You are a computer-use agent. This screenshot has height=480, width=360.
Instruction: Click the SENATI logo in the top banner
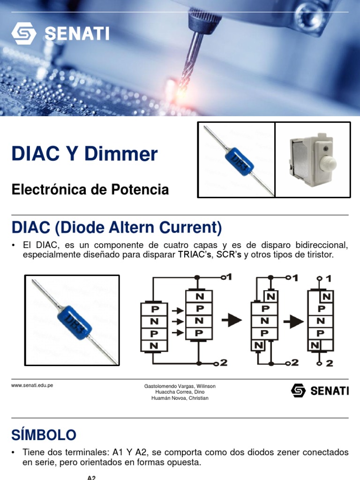(x=60, y=33)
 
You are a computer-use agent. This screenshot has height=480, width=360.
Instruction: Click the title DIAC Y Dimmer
(x=85, y=154)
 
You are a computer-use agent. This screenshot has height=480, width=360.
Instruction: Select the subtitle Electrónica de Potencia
(x=90, y=190)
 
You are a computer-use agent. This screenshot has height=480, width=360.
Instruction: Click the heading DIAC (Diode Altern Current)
(x=117, y=228)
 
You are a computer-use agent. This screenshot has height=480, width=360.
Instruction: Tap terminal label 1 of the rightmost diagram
(x=328, y=279)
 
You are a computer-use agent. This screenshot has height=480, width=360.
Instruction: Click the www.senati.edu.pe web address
(x=32, y=385)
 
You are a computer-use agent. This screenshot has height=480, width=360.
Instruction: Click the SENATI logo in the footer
(x=320, y=390)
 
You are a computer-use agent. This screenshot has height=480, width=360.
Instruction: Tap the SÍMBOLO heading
(x=44, y=435)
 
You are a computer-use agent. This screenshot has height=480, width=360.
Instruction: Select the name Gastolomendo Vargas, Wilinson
(x=180, y=386)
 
